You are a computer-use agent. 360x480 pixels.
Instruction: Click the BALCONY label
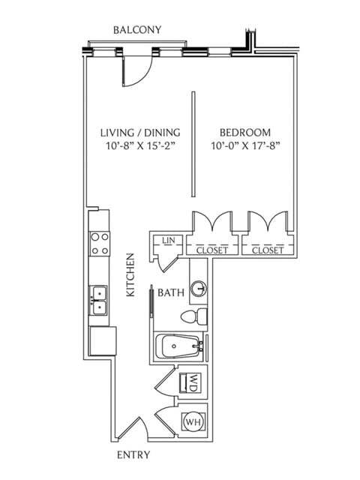pyautogui.click(x=137, y=30)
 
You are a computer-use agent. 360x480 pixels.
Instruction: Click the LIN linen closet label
pyautogui.click(x=169, y=241)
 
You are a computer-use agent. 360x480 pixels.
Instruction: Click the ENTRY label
pyautogui.click(x=133, y=455)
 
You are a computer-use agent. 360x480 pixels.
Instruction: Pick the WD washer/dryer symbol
pyautogui.click(x=193, y=383)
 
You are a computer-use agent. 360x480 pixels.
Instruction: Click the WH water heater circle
pyautogui.click(x=193, y=422)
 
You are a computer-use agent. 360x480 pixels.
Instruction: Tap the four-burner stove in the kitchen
pyautogui.click(x=100, y=244)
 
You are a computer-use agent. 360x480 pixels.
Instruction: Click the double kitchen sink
pyautogui.click(x=98, y=300)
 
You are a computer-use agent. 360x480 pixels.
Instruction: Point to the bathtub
pyautogui.click(x=179, y=346)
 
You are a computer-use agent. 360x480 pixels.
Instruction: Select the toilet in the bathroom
pyautogui.click(x=197, y=316)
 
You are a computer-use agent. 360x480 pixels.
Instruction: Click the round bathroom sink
pyautogui.click(x=199, y=288)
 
